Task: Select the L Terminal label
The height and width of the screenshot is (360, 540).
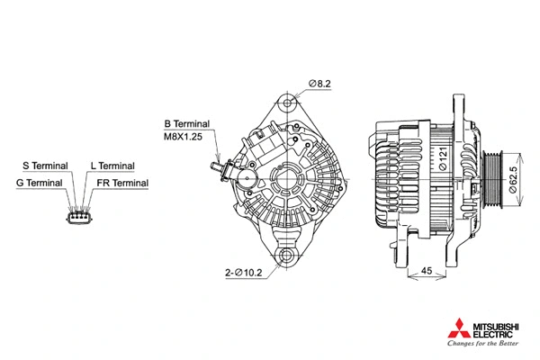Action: (112, 166)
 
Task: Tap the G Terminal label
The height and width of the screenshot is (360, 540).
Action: (40, 183)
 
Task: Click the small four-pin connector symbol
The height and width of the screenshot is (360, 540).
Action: (78, 216)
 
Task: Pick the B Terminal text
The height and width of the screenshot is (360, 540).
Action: (186, 123)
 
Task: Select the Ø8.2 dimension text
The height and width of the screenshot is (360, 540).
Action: (320, 84)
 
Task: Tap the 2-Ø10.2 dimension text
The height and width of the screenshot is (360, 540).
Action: (243, 272)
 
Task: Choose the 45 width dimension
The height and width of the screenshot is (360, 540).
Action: (427, 270)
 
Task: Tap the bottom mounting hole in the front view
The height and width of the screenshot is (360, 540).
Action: (288, 258)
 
